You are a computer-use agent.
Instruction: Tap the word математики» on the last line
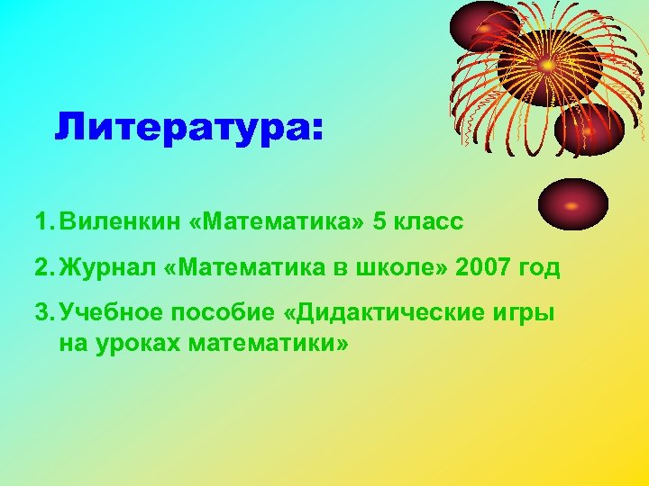268,342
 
